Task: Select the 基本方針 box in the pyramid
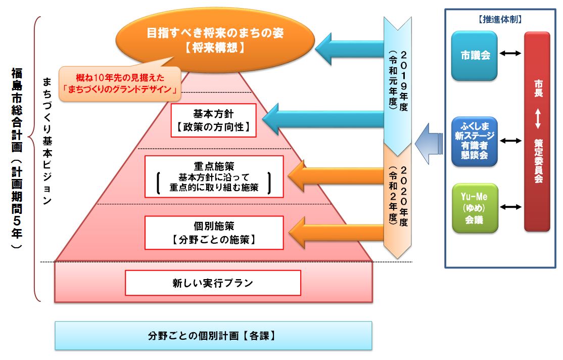pyautogui.click(x=213, y=120)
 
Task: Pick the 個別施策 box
pyautogui.click(x=213, y=232)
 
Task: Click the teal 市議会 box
pyautogui.click(x=475, y=56)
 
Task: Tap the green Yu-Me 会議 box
pyautogui.click(x=475, y=207)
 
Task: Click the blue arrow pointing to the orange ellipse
pyautogui.click(x=349, y=50)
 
